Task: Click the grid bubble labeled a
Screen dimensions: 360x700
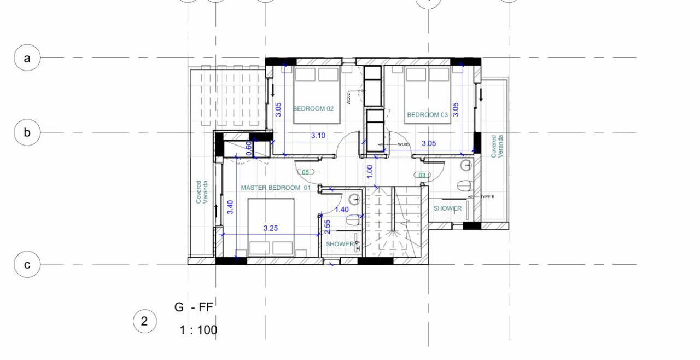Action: [x=27, y=58]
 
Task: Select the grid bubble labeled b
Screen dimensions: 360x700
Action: [x=27, y=132]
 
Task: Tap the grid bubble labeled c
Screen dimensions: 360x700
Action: [x=27, y=265]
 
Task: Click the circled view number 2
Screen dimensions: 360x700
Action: [x=144, y=321]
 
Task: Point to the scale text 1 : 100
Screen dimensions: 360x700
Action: [x=198, y=330]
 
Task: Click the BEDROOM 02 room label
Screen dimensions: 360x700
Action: [x=313, y=108]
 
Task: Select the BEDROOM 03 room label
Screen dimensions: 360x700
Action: [x=427, y=115]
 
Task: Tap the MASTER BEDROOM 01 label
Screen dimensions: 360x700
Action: [x=276, y=188]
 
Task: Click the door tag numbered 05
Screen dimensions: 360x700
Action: [x=306, y=172]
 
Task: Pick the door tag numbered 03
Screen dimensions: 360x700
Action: [x=422, y=175]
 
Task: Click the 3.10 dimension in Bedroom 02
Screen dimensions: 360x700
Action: [x=318, y=136]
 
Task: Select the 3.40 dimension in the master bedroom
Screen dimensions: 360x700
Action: [x=231, y=207]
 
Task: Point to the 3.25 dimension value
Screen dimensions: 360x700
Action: [x=271, y=228]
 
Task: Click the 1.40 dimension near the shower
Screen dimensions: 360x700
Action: [x=342, y=210]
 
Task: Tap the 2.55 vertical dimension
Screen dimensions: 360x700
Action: [x=327, y=227]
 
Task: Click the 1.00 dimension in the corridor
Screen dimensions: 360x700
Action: [x=370, y=171]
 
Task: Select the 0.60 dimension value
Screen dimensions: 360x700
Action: [x=249, y=148]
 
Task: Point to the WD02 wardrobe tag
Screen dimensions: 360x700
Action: [x=348, y=98]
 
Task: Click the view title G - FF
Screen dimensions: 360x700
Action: [x=194, y=307]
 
